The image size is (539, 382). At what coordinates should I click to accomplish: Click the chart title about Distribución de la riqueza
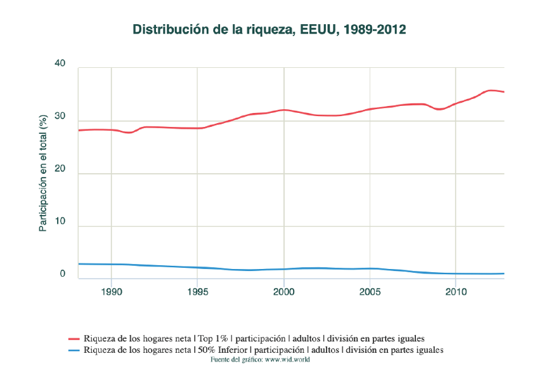click(x=269, y=30)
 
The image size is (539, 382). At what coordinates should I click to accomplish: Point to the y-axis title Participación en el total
click(x=43, y=172)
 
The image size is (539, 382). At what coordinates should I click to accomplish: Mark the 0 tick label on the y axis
click(x=63, y=274)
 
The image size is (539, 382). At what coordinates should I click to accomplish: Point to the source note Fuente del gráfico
click(x=259, y=360)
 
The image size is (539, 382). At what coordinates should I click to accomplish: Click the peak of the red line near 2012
click(x=490, y=90)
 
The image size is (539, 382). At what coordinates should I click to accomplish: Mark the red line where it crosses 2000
click(x=283, y=110)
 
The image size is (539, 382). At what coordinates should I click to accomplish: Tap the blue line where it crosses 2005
click(x=370, y=268)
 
